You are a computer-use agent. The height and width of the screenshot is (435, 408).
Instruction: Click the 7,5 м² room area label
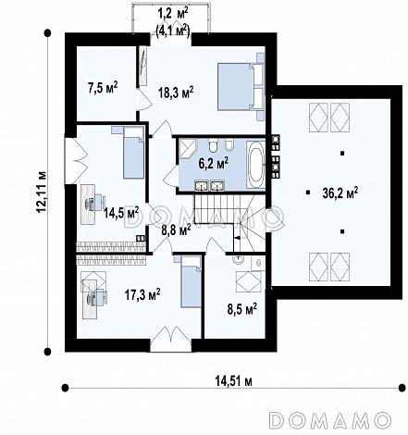(103, 88)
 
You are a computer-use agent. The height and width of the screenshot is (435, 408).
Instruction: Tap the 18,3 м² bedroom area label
(176, 92)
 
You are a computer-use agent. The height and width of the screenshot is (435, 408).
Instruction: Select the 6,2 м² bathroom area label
(214, 163)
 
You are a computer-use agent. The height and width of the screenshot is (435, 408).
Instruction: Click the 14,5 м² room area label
(121, 213)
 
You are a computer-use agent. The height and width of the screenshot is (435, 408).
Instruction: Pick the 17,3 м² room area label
(142, 294)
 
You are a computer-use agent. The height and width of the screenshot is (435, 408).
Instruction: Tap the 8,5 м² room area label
(242, 309)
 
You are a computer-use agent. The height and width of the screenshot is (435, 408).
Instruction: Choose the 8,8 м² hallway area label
(176, 230)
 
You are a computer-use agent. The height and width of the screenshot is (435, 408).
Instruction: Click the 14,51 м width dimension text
(233, 381)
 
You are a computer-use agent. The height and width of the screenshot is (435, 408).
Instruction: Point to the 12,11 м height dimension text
(42, 192)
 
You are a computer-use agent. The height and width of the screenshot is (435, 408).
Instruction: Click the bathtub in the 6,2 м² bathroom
(255, 165)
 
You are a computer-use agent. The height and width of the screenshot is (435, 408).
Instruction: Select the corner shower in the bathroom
(188, 148)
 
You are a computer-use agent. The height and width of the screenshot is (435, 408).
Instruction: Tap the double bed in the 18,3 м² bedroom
(241, 87)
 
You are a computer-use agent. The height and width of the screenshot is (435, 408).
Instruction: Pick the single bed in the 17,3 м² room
(190, 281)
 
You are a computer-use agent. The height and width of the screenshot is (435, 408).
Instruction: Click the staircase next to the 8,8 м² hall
(229, 223)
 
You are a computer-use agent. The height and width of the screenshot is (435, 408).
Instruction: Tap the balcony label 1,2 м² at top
(173, 14)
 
